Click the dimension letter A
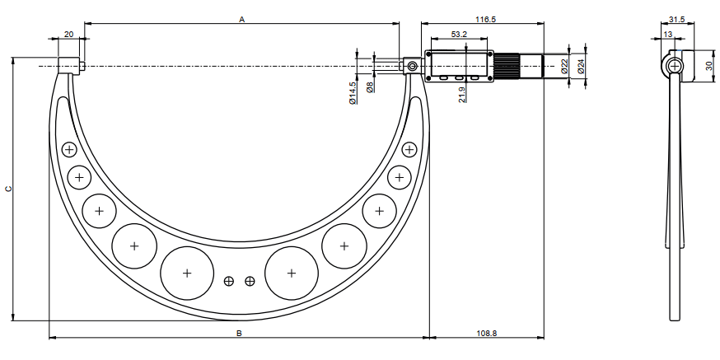[242, 19]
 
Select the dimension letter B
[239, 334]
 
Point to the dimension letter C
[7, 189]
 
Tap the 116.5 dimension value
[486, 19]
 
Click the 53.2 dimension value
[459, 34]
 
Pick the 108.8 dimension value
[487, 334]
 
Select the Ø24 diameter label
[581, 66]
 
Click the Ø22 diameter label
[564, 66]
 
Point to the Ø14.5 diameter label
[353, 93]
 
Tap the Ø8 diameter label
[370, 86]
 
